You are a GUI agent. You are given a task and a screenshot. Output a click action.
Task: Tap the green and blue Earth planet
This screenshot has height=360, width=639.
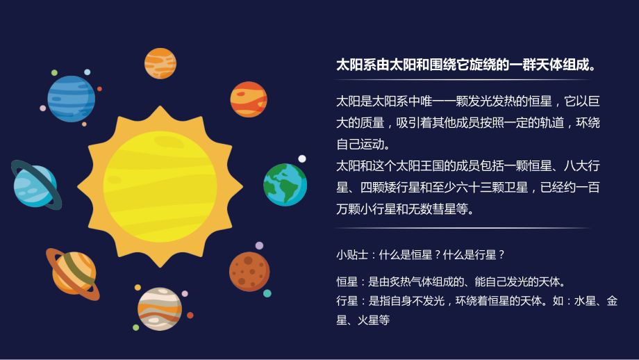pyautogui.click(x=285, y=185)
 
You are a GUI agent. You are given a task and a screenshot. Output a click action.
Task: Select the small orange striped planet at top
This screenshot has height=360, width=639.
pyautogui.click(x=160, y=63)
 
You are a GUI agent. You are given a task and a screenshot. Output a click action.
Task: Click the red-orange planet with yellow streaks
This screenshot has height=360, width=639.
pyautogui.click(x=249, y=99)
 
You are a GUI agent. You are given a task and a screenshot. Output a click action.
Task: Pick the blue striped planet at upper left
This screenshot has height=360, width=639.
pyautogui.click(x=71, y=99)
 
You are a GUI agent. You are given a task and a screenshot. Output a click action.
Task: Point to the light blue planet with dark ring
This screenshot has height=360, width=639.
pyautogui.click(x=35, y=185)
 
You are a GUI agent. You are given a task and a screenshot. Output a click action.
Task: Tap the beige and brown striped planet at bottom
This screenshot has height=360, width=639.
pyautogui.click(x=160, y=309)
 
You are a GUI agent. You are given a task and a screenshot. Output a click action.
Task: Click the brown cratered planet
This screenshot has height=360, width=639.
pyautogui.click(x=249, y=271)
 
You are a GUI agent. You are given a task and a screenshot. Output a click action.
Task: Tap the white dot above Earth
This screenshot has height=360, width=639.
pyautogui.click(x=302, y=158)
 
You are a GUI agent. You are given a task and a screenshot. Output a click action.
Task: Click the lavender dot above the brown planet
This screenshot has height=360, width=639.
pyautogui.click(x=259, y=245)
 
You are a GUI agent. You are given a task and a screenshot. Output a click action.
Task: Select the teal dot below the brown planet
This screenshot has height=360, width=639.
pyautogui.click(x=267, y=293)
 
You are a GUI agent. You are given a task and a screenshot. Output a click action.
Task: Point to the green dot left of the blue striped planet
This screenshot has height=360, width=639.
pyautogui.click(x=54, y=72)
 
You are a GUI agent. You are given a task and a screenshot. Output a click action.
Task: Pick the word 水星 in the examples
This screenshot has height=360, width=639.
pyautogui.click(x=586, y=301)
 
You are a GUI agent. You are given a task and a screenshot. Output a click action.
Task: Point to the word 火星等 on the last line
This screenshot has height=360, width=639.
pyautogui.click(x=374, y=320)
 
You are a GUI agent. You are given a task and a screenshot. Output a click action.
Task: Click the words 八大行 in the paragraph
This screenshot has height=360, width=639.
pyautogui.click(x=580, y=166)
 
